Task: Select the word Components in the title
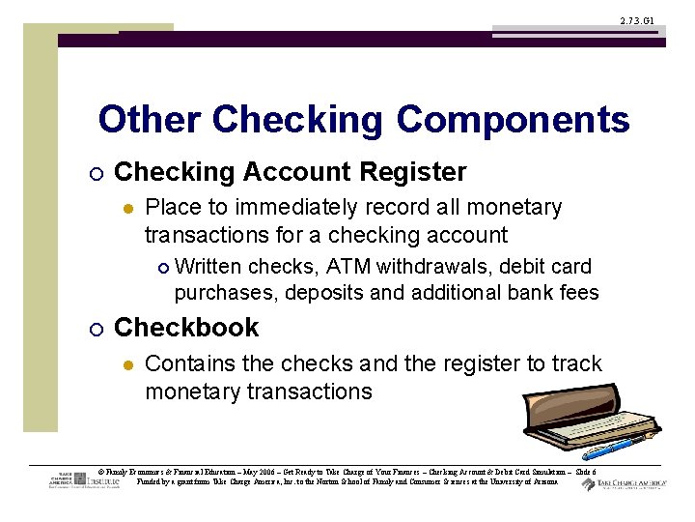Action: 512,121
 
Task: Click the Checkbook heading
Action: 186,328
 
